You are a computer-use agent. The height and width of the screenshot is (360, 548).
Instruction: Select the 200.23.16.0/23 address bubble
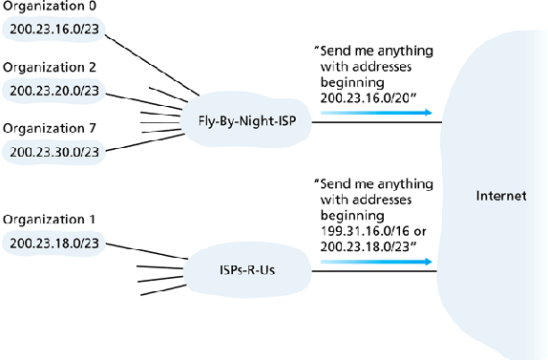pyautogui.click(x=53, y=30)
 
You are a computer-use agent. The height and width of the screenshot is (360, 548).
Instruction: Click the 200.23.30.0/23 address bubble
pyautogui.click(x=53, y=151)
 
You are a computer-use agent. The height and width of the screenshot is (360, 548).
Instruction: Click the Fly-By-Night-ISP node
pyautogui.click(x=247, y=122)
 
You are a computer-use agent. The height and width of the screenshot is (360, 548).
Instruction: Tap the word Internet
pyautogui.click(x=500, y=197)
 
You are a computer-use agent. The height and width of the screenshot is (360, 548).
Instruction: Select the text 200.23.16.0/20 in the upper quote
pyautogui.click(x=368, y=97)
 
